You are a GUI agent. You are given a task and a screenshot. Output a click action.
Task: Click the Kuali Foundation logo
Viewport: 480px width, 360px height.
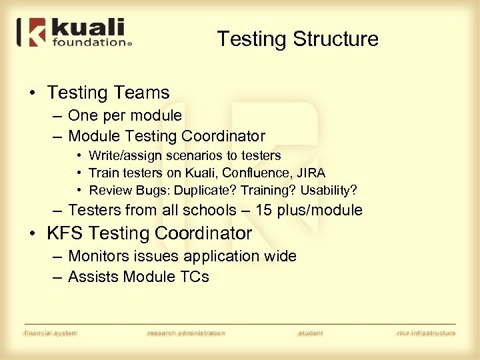coord(74,33)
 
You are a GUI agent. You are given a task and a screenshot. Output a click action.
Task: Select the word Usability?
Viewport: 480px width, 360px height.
coord(329,191)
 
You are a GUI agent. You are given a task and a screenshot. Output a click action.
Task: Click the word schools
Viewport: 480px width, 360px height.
coord(209,211)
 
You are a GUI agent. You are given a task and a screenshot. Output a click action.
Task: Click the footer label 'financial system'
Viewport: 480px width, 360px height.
coord(51,333)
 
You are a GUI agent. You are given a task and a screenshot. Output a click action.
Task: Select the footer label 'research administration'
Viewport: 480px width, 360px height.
coord(186,333)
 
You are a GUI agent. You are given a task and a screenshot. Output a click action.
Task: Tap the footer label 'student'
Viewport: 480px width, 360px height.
coord(311,333)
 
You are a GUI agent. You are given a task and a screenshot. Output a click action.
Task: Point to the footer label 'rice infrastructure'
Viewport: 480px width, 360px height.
coord(426,333)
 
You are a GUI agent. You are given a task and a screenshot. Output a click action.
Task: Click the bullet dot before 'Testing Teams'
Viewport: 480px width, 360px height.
coord(32,93)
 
